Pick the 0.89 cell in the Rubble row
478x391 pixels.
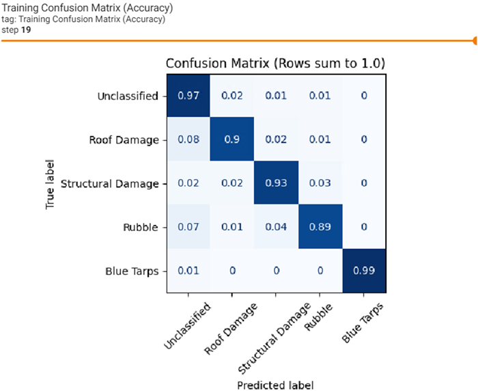coord(320,227)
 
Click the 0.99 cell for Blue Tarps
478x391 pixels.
coord(364,271)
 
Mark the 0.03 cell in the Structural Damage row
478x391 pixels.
coord(320,183)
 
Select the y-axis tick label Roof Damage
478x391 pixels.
coord(124,140)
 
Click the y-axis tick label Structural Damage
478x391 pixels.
coord(109,184)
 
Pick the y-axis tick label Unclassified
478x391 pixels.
coord(128,96)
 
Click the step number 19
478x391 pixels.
coord(25,29)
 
